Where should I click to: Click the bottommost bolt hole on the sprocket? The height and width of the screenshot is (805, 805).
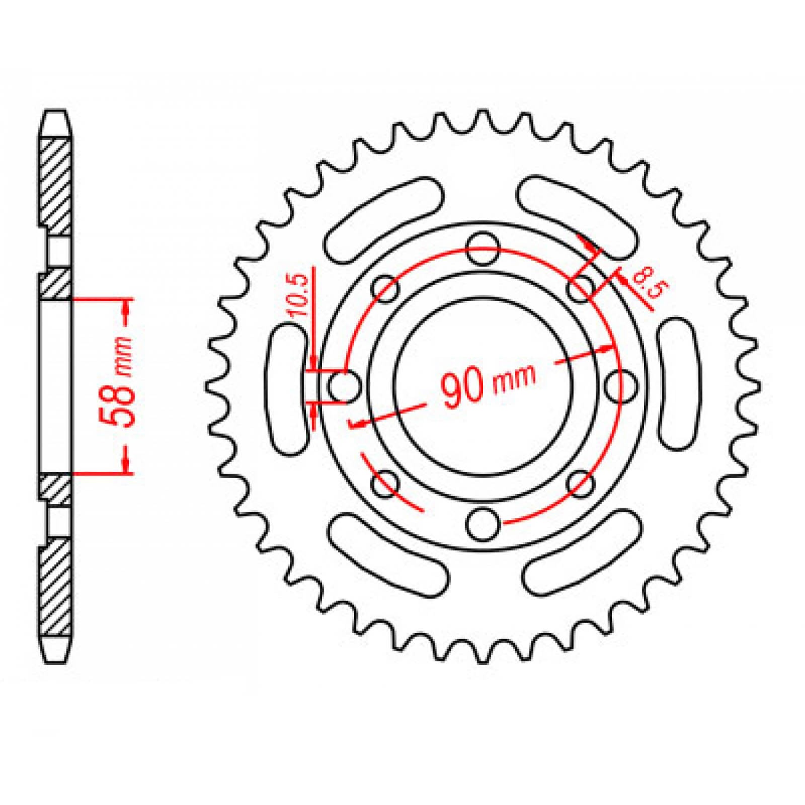point(483,523)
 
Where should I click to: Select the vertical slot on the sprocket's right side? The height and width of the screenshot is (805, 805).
point(679,385)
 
